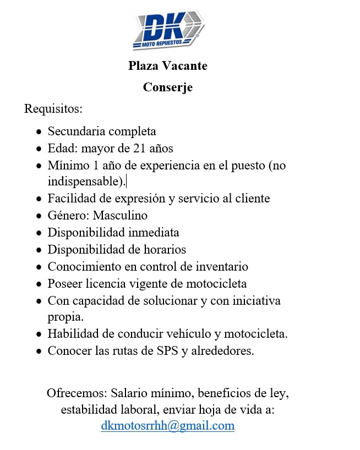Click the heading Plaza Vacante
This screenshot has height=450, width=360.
168,66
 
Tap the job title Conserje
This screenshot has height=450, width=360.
168,87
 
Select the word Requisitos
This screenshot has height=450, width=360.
53,108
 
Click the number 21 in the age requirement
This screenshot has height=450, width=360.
139,148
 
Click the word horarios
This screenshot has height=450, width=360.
165,249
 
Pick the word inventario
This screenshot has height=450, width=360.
222,267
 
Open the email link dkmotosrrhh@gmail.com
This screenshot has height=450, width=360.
167,426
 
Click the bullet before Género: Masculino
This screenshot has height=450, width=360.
38,216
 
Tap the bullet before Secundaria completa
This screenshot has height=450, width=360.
38,132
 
